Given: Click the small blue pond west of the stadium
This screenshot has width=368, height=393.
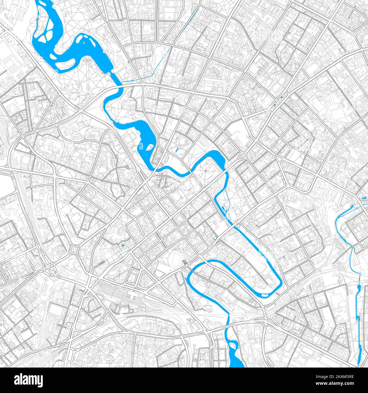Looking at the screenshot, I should (x=123, y=245).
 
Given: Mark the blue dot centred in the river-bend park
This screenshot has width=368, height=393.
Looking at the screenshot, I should (x=206, y=171).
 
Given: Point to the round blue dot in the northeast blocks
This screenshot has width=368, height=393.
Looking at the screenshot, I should (x=256, y=77).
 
